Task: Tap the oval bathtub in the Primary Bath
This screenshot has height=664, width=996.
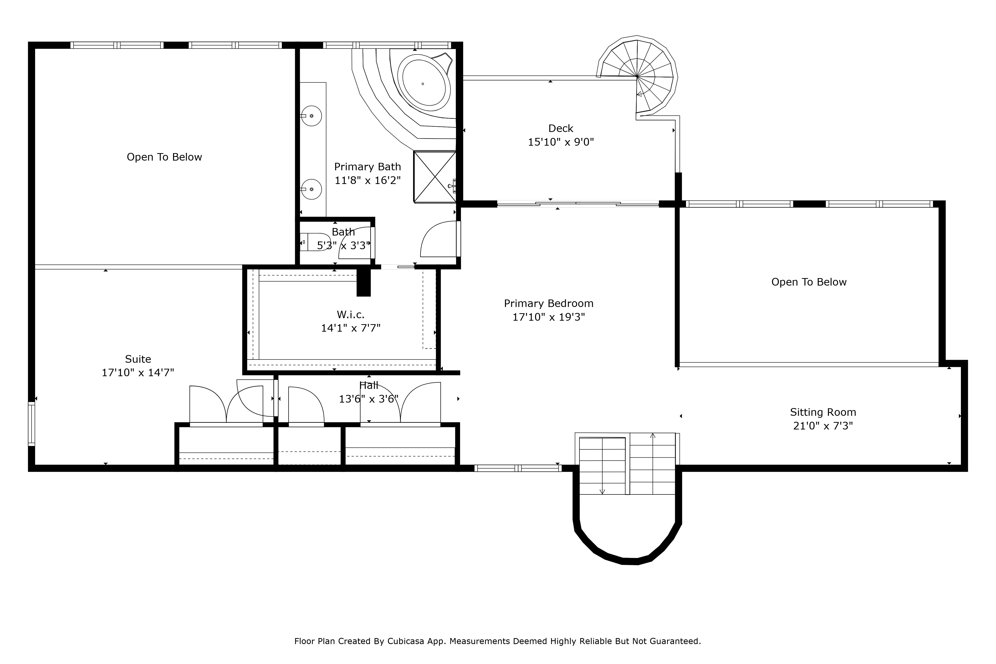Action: pos(424,84)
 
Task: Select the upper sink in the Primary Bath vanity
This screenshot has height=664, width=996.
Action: pos(311,116)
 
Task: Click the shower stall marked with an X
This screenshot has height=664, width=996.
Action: pos(435,177)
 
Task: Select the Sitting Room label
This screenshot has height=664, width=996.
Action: pos(823,412)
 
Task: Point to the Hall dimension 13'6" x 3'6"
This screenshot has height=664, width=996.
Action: pos(369,399)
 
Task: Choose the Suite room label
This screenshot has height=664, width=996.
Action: pos(138,359)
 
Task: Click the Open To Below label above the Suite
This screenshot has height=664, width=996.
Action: pos(164,157)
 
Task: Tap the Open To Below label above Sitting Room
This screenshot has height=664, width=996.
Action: pos(809,282)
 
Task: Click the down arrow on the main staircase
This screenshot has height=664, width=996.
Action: pos(602,491)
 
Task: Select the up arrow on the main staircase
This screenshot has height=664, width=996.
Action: pos(653,435)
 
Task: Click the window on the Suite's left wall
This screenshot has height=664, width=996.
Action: pos(31,423)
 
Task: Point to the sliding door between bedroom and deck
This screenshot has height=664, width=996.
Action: pos(578,204)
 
